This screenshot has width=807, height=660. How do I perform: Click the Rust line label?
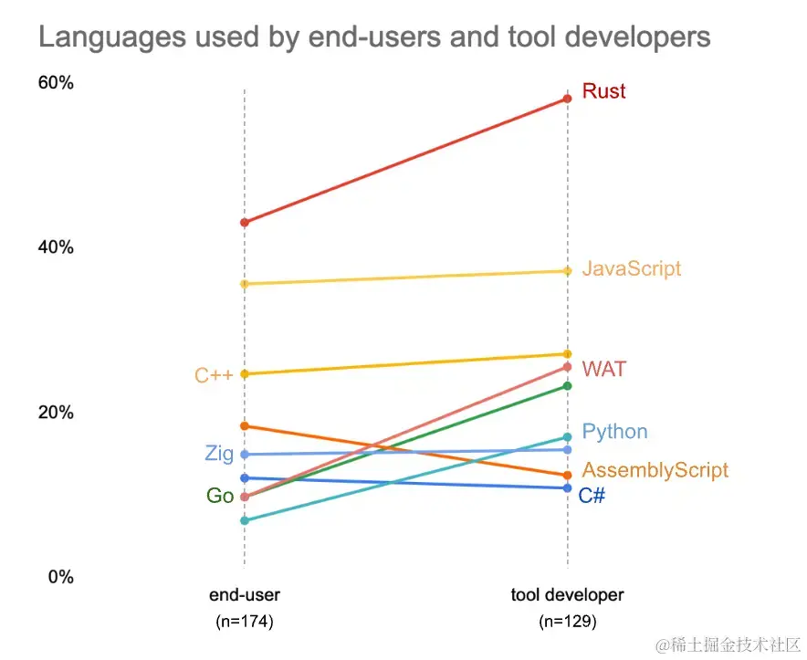pyautogui.click(x=603, y=91)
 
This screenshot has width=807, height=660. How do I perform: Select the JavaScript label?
pyautogui.click(x=631, y=269)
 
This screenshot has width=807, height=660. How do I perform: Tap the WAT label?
pyautogui.click(x=604, y=369)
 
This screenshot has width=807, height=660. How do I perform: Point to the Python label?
pyautogui.click(x=614, y=432)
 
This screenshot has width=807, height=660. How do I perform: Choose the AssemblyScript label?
pyautogui.click(x=655, y=470)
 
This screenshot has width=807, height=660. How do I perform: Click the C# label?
pyautogui.click(x=592, y=496)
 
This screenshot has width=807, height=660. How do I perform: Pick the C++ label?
pyautogui.click(x=214, y=375)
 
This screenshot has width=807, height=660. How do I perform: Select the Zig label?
pyautogui.click(x=219, y=454)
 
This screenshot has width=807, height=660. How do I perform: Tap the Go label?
pyautogui.click(x=220, y=496)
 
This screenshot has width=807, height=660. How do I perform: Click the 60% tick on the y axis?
pyautogui.click(x=55, y=83)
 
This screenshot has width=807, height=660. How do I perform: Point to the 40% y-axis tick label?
pyautogui.click(x=55, y=247)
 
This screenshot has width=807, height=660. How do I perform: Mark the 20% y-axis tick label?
pyautogui.click(x=55, y=412)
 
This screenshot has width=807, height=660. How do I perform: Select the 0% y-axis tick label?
pyautogui.click(x=59, y=577)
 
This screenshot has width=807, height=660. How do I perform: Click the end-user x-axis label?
pyautogui.click(x=244, y=595)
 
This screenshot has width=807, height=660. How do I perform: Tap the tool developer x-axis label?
pyautogui.click(x=567, y=595)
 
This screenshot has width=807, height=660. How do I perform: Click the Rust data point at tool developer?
pyautogui.click(x=567, y=98)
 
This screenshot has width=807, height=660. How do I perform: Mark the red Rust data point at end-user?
pyautogui.click(x=245, y=222)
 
